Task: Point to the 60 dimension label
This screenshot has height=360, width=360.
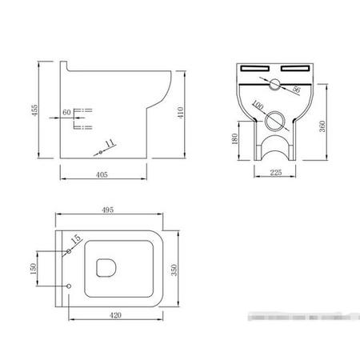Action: [x=67, y=113]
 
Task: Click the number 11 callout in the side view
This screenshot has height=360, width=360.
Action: [x=110, y=143]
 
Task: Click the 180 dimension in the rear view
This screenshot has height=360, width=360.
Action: [x=234, y=140]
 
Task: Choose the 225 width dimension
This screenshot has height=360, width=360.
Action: [x=276, y=170]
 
